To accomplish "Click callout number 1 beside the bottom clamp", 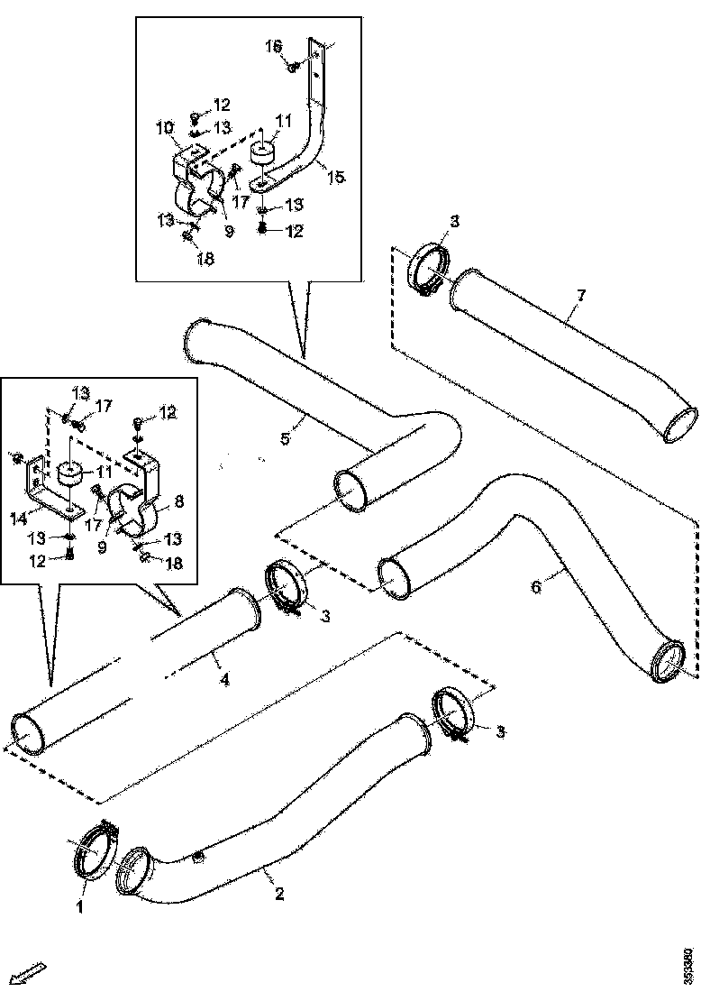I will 79,907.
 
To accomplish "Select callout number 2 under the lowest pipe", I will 279,895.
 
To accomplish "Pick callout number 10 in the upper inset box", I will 166,130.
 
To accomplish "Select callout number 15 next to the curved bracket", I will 335,178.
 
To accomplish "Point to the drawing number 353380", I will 687,965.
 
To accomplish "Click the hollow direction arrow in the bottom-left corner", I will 32,972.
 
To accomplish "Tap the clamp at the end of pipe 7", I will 431,269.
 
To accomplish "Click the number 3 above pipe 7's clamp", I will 454,221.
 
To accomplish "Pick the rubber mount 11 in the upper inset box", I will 263,154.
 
